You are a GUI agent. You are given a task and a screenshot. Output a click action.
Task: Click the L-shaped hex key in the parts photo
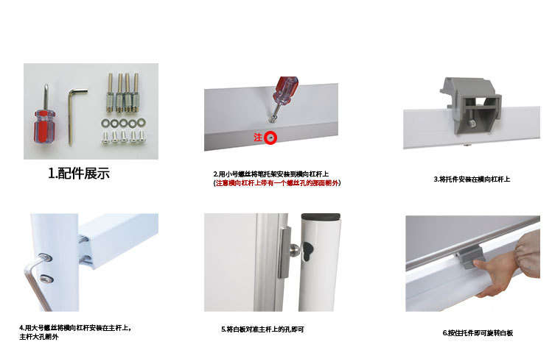(74, 110)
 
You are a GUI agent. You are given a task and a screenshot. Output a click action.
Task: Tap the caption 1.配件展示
(79, 174)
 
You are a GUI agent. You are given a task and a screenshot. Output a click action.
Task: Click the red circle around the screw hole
(270, 138)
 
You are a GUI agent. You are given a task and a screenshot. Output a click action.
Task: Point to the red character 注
(258, 138)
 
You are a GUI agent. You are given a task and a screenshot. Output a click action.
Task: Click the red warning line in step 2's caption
(276, 183)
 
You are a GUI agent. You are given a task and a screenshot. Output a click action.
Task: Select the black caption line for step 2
(270, 174)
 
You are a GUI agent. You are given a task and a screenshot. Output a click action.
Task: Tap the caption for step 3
(472, 179)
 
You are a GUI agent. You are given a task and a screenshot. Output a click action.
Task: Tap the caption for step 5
(262, 329)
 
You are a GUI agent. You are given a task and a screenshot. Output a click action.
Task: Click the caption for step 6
(477, 333)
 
